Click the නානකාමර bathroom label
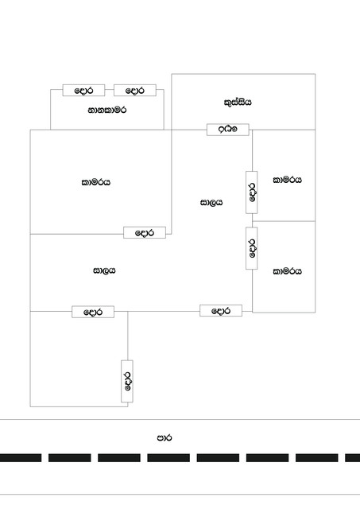point(107,111)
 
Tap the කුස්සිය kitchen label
point(238,103)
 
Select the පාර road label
point(165,437)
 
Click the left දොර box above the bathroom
point(83,90)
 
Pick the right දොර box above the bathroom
point(135,90)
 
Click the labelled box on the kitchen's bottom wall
point(227,130)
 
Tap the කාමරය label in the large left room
point(95,182)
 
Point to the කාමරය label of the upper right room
point(288,180)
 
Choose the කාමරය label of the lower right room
point(288,271)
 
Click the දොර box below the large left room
point(145,232)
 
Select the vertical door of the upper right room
point(252,192)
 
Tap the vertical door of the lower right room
point(252,248)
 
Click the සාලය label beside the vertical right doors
point(211,203)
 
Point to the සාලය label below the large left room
point(104,270)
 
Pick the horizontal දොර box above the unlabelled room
point(93,312)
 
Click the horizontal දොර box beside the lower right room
point(221,310)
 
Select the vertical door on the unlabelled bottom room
point(127,381)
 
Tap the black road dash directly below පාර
point(168,458)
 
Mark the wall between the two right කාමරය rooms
point(284,221)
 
